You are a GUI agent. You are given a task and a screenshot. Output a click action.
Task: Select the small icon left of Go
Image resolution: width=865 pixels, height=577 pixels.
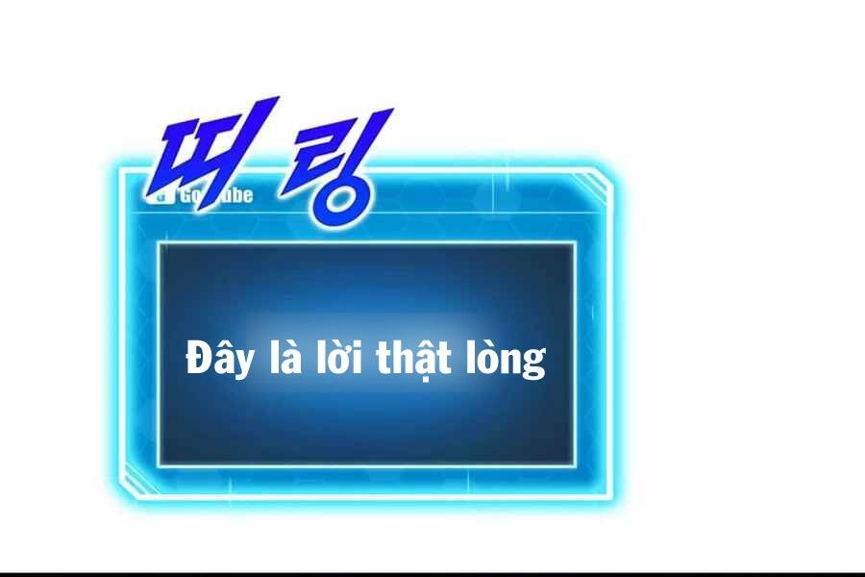(162, 195)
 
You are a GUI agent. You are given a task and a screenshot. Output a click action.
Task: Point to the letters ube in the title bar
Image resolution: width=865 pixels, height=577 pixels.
(236, 195)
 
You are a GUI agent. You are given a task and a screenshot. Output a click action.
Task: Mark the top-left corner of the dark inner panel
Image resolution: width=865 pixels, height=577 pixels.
(160, 243)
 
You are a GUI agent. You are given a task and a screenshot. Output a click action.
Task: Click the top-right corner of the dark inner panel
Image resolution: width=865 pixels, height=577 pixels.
(574, 243)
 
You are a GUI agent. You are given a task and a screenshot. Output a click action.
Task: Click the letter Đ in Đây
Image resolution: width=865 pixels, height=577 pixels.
(197, 359)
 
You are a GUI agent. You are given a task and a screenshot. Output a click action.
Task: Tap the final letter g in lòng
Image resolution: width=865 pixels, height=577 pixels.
(536, 364)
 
